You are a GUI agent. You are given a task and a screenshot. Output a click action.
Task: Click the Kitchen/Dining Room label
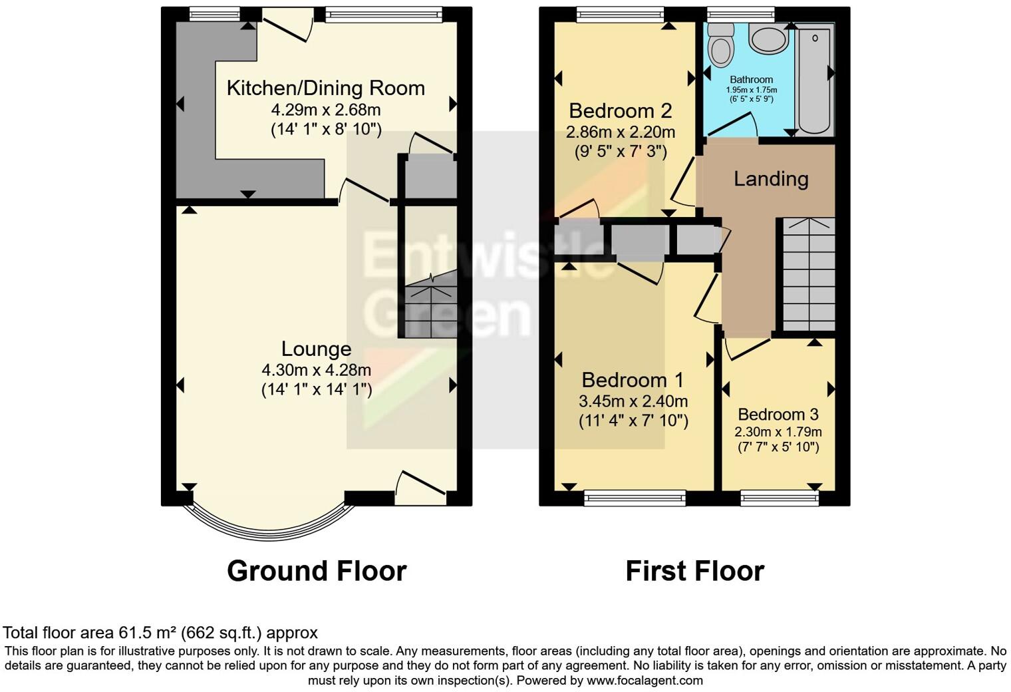[x=325, y=88]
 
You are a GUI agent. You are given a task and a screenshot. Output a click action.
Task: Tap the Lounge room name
[x=316, y=349]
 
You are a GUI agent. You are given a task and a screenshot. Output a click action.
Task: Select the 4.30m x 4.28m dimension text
[x=316, y=370]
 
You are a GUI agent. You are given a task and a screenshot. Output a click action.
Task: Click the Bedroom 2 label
[x=620, y=110]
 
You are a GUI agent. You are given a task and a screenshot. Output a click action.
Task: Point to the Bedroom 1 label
[x=633, y=380]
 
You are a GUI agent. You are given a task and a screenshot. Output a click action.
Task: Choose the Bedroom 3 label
[x=778, y=415]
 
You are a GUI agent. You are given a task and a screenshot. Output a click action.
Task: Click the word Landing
[x=771, y=178]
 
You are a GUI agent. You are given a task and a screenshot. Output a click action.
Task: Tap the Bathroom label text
[x=752, y=79]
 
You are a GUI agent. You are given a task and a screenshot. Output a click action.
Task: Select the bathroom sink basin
[x=769, y=37]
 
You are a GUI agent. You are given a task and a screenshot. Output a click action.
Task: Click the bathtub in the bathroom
[x=814, y=77]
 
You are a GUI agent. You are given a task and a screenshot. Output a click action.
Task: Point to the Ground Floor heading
[x=317, y=571]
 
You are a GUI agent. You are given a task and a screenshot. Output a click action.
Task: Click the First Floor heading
[x=694, y=571]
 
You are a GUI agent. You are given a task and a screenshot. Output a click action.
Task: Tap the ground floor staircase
[x=430, y=309]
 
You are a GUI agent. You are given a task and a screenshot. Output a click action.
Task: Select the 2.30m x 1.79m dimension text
[x=778, y=431]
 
